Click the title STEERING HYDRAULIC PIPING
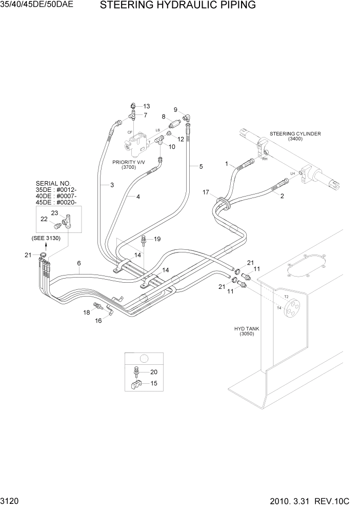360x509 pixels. (177, 6)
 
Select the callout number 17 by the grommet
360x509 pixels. (206, 192)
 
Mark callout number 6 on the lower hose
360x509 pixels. (78, 263)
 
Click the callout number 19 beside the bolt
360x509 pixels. (157, 239)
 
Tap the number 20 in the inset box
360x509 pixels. (153, 373)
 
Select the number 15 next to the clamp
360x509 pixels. (153, 383)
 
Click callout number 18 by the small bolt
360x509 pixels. (87, 312)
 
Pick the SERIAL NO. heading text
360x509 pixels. (52, 183)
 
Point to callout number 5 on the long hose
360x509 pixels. (201, 166)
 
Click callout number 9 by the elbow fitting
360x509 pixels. (175, 110)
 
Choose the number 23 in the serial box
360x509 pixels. (55, 212)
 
